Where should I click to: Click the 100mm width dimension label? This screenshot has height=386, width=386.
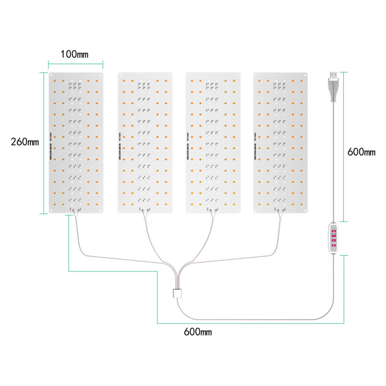[74, 54]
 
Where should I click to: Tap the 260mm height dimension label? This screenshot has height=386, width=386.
[25, 142]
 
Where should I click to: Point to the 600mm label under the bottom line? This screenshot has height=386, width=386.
[198, 331]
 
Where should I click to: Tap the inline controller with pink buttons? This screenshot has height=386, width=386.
[333, 238]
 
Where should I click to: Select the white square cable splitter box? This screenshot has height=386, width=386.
[177, 293]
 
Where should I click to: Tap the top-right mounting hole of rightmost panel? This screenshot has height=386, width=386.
[306, 75]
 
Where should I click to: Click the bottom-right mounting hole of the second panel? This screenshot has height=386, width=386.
[170, 210]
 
